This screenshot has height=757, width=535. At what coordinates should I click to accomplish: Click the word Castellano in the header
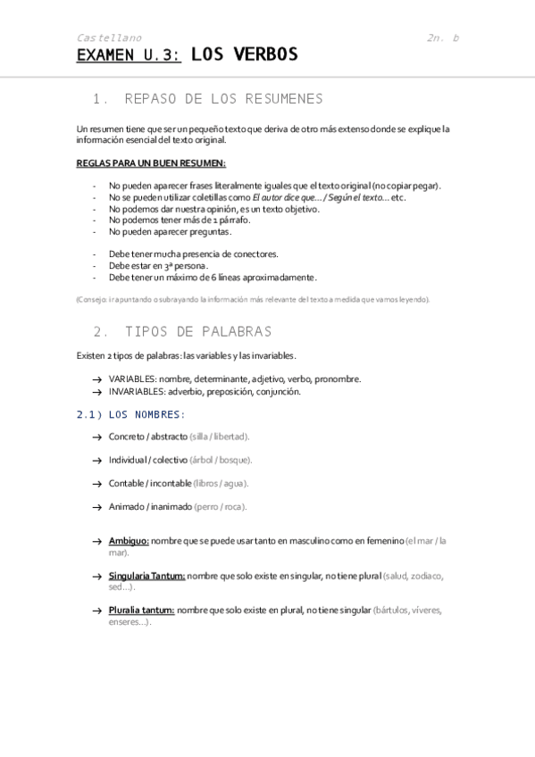click(x=109, y=37)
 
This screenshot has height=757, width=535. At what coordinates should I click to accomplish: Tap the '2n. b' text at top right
click(x=442, y=37)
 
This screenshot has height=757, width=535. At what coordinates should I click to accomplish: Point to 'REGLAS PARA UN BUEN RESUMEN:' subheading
click(x=150, y=163)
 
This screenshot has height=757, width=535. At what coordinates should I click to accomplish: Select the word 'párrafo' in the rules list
click(x=235, y=220)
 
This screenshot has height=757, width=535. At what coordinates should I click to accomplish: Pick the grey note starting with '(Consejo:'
click(x=253, y=299)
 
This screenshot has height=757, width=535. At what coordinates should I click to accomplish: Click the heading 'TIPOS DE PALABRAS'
click(x=198, y=331)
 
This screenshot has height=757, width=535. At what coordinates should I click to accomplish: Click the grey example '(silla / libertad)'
click(x=220, y=437)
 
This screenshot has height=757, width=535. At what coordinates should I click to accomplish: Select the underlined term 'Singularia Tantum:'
click(x=146, y=576)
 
